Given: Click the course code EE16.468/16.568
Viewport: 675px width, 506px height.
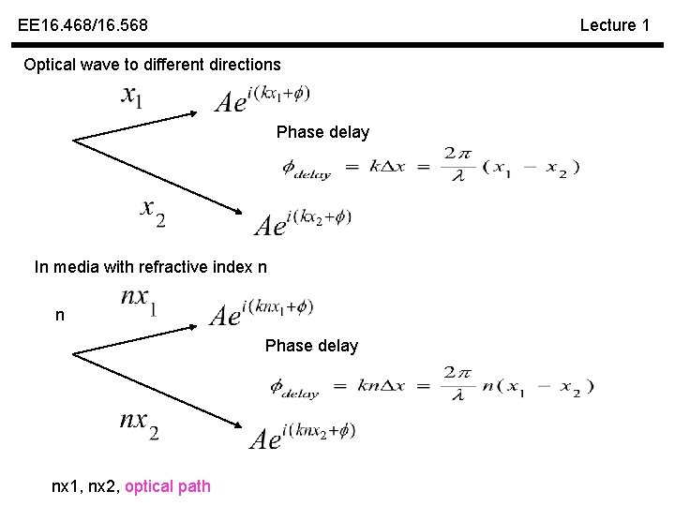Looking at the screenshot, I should click(82, 25).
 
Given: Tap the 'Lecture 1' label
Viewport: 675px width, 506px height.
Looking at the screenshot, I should click(614, 25).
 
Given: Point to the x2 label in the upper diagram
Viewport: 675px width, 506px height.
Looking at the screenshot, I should click(153, 213).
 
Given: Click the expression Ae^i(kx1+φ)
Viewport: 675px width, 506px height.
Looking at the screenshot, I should click(262, 98).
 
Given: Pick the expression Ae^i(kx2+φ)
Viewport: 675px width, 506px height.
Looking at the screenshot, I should click(303, 222).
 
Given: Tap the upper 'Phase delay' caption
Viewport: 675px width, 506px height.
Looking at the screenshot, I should click(322, 132).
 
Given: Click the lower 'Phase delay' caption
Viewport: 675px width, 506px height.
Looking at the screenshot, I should click(311, 346).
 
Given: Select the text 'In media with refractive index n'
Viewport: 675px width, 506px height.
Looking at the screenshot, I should click(151, 267).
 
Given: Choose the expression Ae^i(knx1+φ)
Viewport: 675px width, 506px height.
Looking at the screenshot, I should click(261, 311).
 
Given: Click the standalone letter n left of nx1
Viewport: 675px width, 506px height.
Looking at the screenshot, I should click(60, 316).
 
